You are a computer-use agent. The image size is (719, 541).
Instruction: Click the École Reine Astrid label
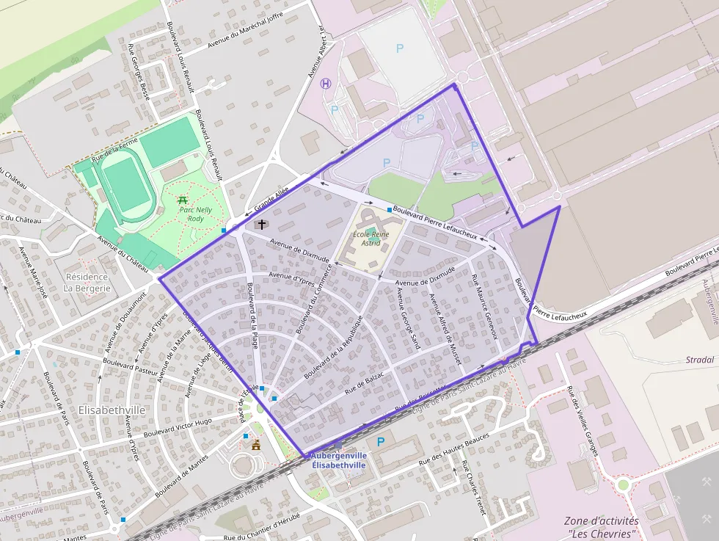pos(372,239)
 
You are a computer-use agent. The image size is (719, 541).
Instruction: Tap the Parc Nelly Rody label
pos(196,214)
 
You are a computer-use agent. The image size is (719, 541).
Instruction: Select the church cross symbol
pos(261,224)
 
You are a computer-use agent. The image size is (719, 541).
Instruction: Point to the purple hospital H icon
pos(326,83)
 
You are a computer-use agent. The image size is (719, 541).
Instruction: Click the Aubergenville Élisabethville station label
pos(338,460)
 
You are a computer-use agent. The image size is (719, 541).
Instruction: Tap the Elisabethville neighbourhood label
pos(112,410)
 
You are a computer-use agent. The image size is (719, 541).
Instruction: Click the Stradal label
pos(699,360)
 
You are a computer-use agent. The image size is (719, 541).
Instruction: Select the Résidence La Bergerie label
pos(87,283)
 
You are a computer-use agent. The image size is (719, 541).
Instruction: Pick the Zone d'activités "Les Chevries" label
pos(602,527)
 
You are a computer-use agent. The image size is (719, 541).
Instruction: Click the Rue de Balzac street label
pos(365,380)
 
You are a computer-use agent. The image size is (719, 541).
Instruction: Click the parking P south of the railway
pos(380,442)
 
